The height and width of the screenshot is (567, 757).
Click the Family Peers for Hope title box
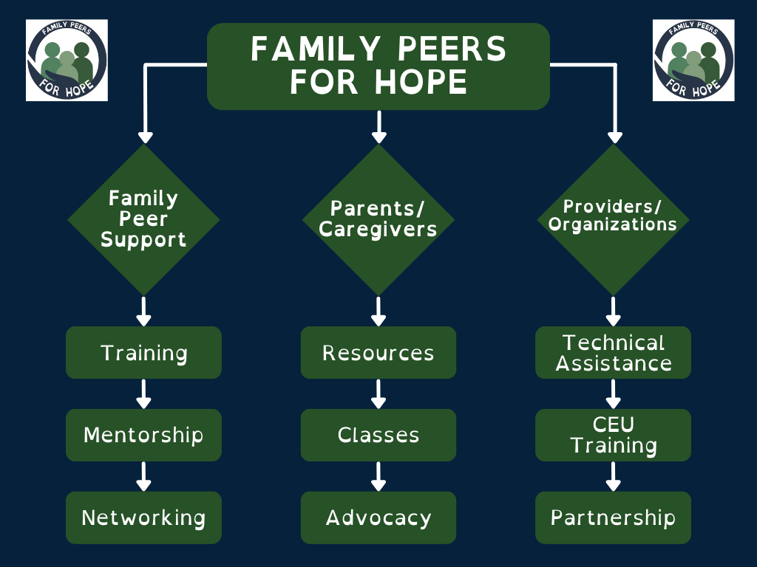point(378,66)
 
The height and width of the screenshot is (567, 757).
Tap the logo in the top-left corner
point(67,61)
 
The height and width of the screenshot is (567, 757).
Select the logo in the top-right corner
point(693,61)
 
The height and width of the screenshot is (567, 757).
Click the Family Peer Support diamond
point(143,219)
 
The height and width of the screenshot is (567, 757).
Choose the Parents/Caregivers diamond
point(378,219)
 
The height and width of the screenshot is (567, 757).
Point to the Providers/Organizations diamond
point(613,219)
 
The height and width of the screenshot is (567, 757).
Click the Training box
point(143,353)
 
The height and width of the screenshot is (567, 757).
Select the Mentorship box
point(143,435)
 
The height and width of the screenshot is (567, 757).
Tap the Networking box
point(143,518)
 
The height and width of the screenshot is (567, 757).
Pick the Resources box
point(378,353)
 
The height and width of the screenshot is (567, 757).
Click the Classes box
point(378,435)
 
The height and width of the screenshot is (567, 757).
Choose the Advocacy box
point(378,518)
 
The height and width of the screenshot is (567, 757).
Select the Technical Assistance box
point(613,353)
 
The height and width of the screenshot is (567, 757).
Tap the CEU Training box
point(613,435)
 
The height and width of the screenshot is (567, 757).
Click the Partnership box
point(613,518)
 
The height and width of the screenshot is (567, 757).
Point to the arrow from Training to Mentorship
point(143,394)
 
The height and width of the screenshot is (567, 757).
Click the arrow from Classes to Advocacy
point(378,476)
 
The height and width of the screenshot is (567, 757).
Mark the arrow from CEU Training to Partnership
point(613,476)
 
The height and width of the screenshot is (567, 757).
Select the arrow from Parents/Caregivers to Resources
point(378,311)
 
